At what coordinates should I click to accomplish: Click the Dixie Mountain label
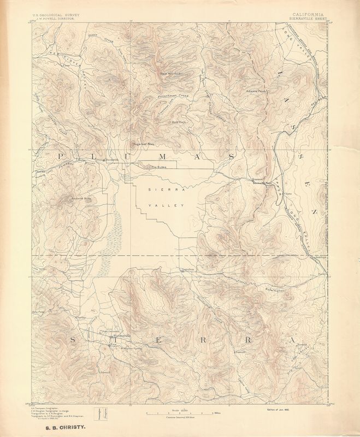[x=169, y=73]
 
